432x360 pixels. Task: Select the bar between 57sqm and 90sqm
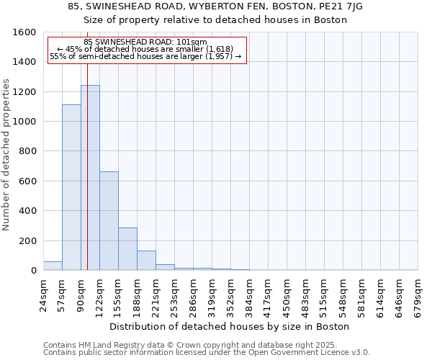[71, 187]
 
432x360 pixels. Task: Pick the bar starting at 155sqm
[127, 249]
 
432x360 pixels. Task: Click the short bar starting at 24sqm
[53, 266]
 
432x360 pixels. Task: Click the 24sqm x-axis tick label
[44, 294]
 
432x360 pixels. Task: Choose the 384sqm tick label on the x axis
[250, 296]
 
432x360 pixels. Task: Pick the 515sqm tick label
[325, 296]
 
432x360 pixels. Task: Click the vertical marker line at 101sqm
[87, 166]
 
